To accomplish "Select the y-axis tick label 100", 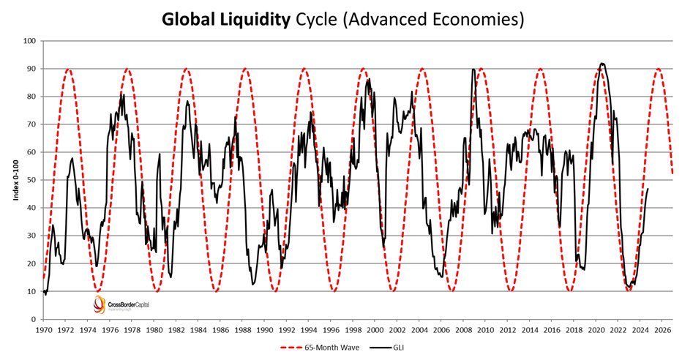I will coord(29,41).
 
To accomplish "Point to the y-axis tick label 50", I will coord(31,180).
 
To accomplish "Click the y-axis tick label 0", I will coord(34,320).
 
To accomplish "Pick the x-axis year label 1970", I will coord(43,330).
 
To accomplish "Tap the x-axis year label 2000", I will coord(375,330).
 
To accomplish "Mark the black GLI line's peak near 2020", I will coord(602,64).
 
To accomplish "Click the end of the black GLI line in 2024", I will coord(648,189).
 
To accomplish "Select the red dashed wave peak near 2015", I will coord(540,69).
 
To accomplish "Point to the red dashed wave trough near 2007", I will coord(452,291).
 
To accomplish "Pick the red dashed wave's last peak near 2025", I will coord(659,69).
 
